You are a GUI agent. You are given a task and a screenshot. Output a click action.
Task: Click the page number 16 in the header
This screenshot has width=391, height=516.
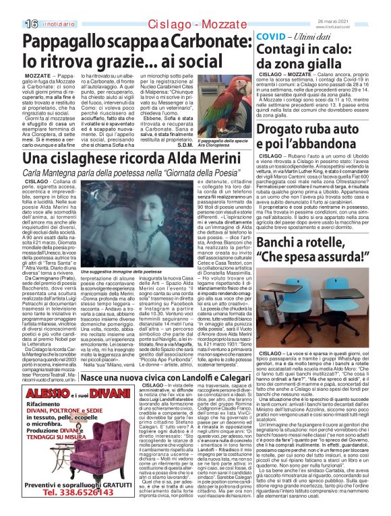point(13,24)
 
